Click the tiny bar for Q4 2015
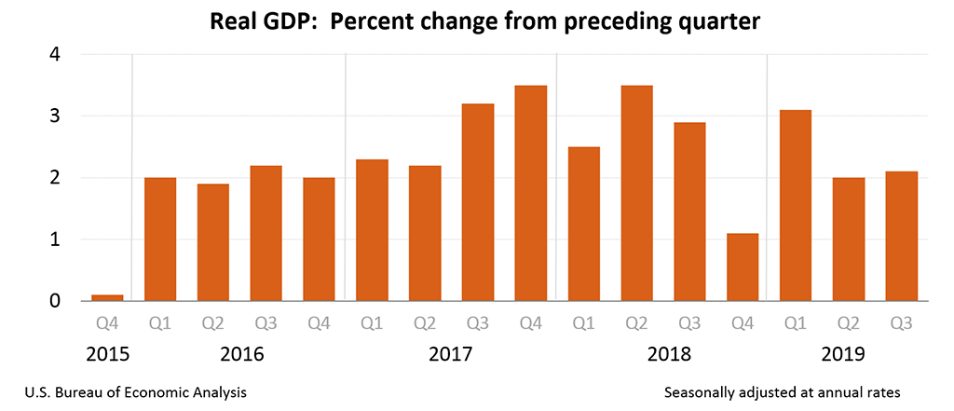[x=106, y=298]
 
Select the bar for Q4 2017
[x=531, y=193]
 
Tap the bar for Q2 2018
[x=637, y=193]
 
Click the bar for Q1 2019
[x=796, y=205]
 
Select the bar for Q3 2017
[x=478, y=202]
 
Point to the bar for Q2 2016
[x=212, y=242]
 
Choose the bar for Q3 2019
[x=901, y=236]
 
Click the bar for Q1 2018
[x=584, y=224]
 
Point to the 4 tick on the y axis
[x=55, y=55]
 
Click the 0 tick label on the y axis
[x=55, y=301]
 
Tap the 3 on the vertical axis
[x=55, y=116]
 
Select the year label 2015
[x=106, y=355]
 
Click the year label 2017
[x=451, y=355]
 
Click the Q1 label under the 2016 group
[x=159, y=325]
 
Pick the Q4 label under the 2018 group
[x=743, y=325]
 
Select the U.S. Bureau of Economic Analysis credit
[x=130, y=393]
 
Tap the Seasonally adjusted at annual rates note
[x=783, y=393]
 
